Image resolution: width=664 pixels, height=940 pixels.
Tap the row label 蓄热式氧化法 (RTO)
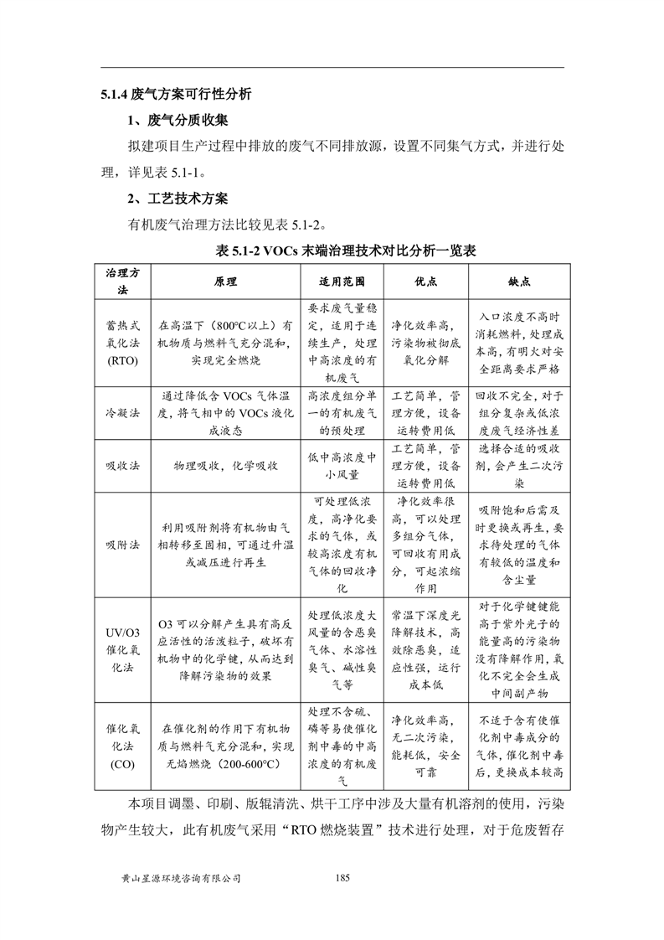point(122,342)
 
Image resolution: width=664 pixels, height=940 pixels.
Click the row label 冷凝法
point(122,412)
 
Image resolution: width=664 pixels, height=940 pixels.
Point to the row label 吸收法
point(122,465)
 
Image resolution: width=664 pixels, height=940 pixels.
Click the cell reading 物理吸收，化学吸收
point(225,465)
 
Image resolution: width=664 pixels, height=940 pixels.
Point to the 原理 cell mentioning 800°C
point(225,342)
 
